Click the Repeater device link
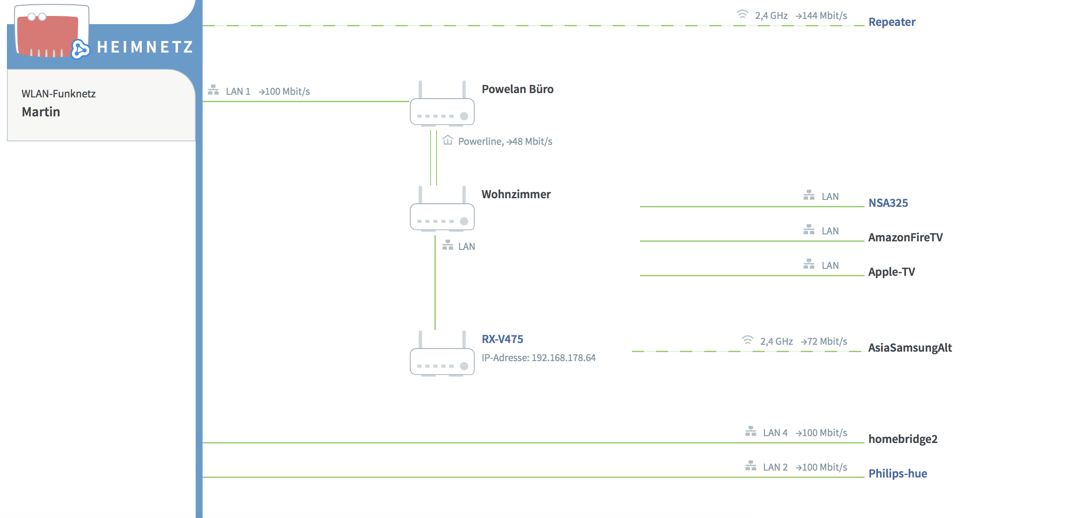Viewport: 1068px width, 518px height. click(891, 22)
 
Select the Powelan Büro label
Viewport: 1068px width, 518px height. click(517, 89)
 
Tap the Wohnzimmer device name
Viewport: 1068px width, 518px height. click(516, 194)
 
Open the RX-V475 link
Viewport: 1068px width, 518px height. click(502, 339)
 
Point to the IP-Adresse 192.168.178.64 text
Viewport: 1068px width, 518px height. click(538, 358)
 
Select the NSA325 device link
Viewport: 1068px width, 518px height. click(888, 203)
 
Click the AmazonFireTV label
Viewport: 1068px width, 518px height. click(905, 237)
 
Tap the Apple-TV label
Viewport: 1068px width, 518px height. click(891, 272)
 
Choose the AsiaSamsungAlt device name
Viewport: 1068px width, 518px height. click(910, 348)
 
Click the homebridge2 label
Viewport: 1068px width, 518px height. click(902, 439)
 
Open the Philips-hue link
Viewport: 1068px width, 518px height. click(897, 474)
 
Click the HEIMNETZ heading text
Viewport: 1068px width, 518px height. click(145, 47)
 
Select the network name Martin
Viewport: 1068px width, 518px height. click(41, 112)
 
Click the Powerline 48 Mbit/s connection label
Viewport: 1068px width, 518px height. click(505, 141)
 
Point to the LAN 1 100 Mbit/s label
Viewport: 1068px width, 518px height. click(267, 91)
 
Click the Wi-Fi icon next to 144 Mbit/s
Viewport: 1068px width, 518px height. click(742, 15)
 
